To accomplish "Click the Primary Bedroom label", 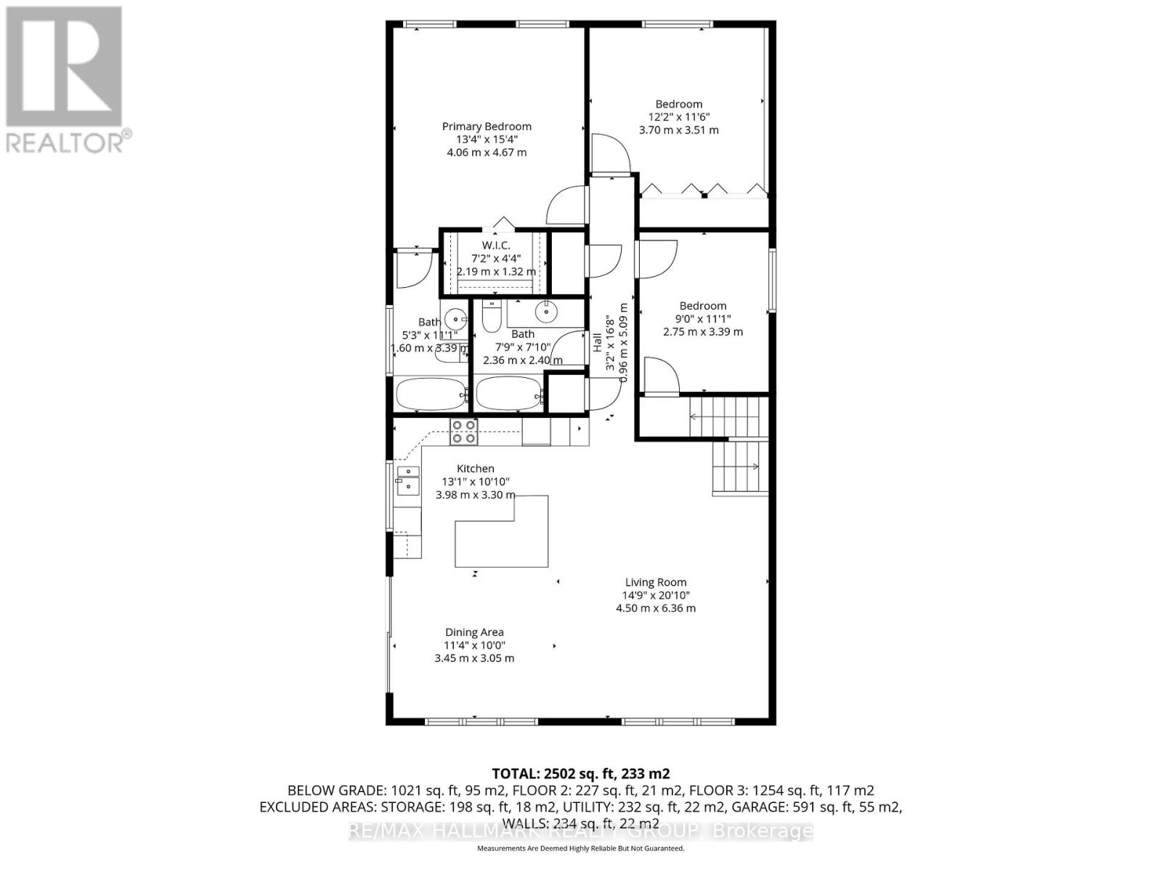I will pos(487,126).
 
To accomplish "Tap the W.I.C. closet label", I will pos(496,246).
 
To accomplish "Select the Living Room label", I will pos(656,582).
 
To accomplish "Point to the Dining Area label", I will pos(474,632).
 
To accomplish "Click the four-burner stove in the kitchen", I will pos(464,431).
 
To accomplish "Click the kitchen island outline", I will pos(501,538).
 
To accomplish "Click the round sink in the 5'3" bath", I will pos(455,318).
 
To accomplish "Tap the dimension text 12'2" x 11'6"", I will pos(678,117).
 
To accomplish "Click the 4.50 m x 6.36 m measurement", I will pos(656,608).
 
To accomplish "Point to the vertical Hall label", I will pos(597,343).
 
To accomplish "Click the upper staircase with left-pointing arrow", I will pos(726,416).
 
